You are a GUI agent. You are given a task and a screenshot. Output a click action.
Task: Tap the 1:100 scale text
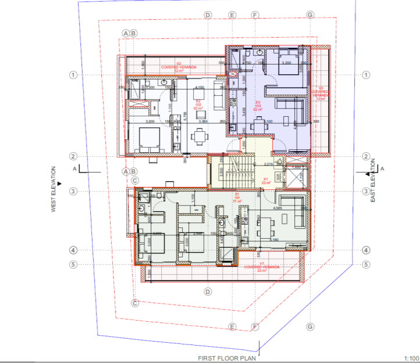[410, 358]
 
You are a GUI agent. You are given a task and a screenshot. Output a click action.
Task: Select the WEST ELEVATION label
[53, 189]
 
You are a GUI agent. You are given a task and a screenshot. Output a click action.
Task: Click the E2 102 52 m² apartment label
[198, 105]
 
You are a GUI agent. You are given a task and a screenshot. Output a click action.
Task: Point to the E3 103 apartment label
[258, 105]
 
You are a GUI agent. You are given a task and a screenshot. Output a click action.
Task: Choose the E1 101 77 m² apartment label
[237, 197]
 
